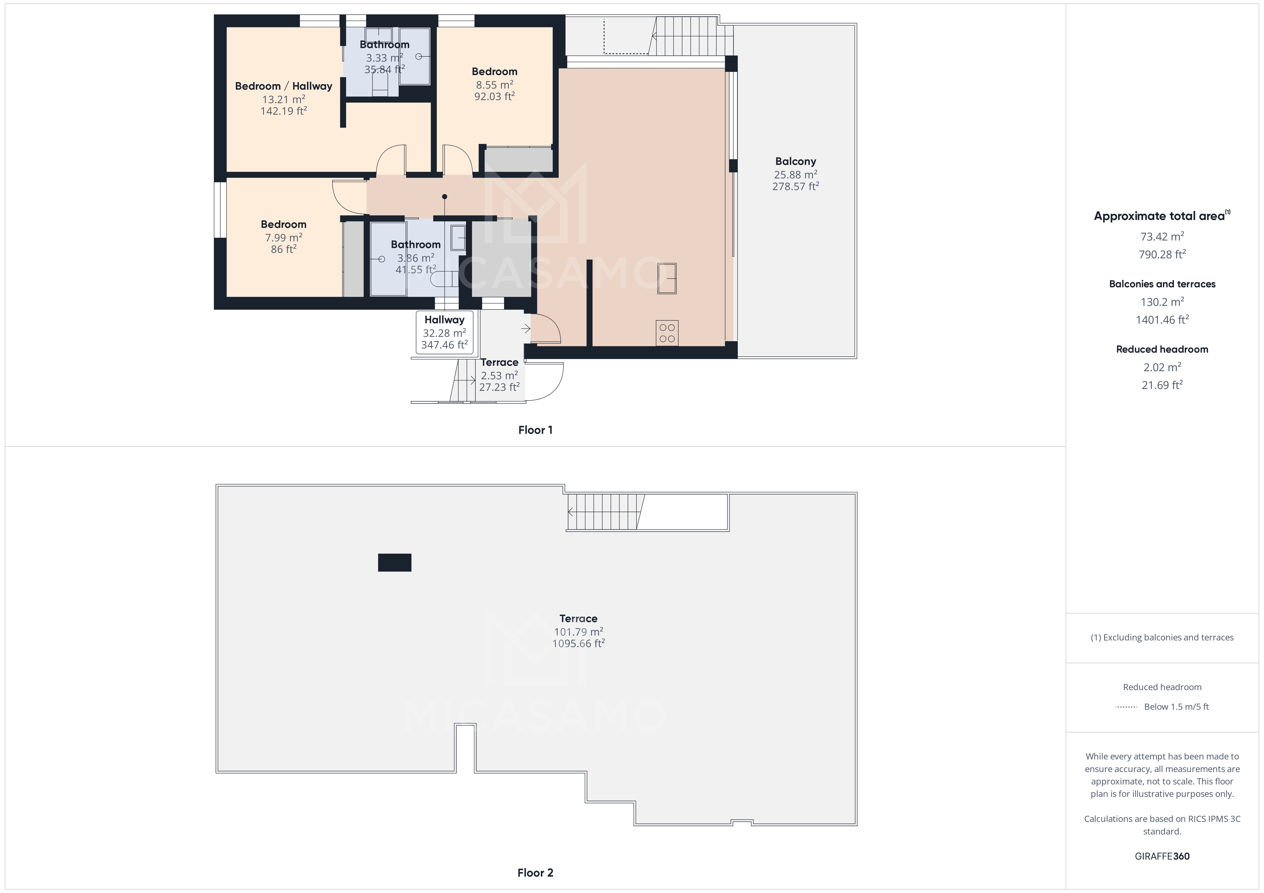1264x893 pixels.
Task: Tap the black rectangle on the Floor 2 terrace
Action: coord(394,562)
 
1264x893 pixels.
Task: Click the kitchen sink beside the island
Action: coord(667,278)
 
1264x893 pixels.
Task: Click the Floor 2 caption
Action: coord(535,873)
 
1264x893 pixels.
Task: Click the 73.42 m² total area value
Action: coord(1162,237)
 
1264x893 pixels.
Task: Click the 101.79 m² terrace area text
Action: coord(578,632)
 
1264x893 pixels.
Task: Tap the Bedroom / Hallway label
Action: coord(284,86)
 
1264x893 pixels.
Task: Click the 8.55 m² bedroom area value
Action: coord(494,85)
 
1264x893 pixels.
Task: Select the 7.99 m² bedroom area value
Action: coord(284,238)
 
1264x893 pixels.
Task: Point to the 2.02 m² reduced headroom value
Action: coord(1162,367)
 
